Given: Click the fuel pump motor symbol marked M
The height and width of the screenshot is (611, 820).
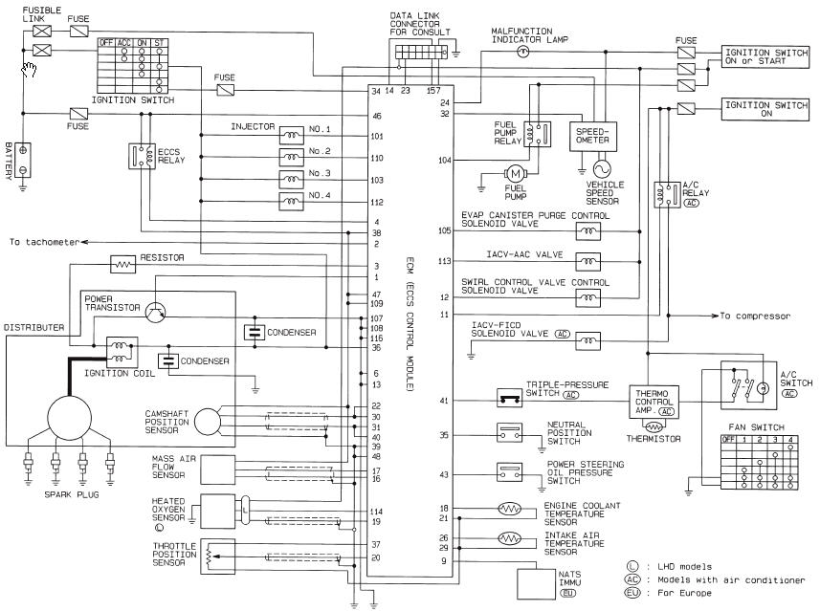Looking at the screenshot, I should pyautogui.click(x=515, y=173).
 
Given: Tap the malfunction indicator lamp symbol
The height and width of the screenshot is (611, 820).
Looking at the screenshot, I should pyautogui.click(x=522, y=54).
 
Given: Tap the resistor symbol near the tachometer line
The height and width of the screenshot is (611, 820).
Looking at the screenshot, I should pyautogui.click(x=123, y=262).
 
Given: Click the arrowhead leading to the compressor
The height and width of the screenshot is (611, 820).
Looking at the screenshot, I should pyautogui.click(x=716, y=315).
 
